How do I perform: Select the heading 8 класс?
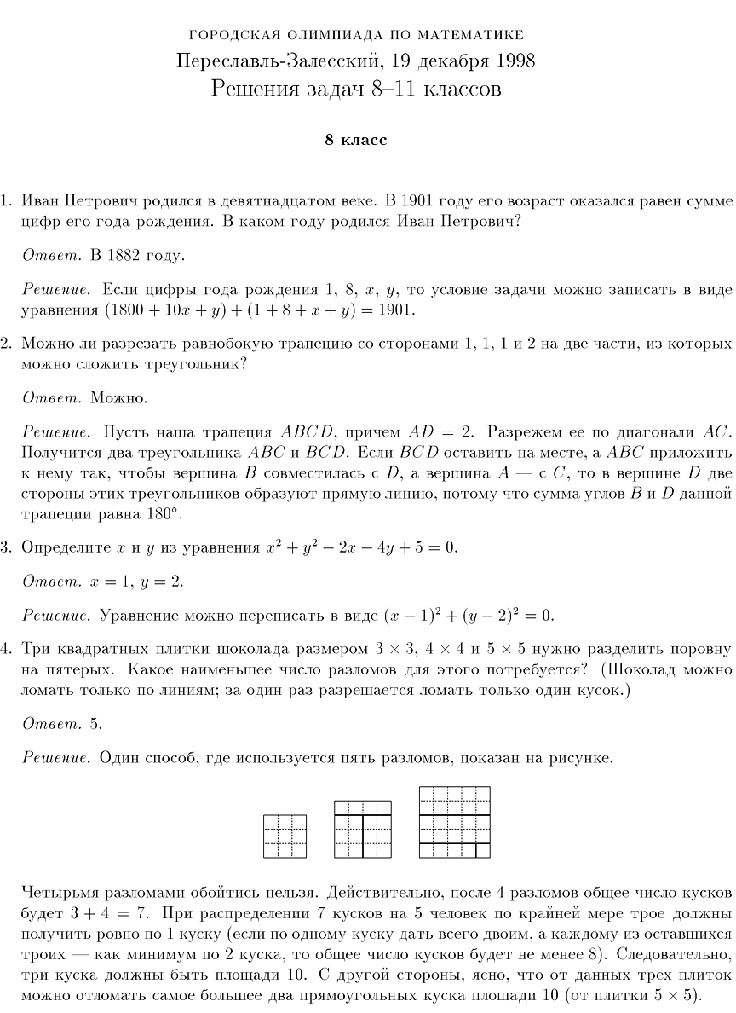(x=355, y=140)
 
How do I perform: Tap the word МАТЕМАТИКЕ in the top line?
(x=469, y=35)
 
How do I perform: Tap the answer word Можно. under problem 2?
(x=119, y=397)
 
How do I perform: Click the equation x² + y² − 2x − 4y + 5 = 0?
(x=361, y=547)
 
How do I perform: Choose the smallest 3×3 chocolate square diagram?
(x=285, y=836)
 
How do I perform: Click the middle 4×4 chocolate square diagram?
(x=363, y=829)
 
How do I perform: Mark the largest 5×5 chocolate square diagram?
(x=455, y=822)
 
